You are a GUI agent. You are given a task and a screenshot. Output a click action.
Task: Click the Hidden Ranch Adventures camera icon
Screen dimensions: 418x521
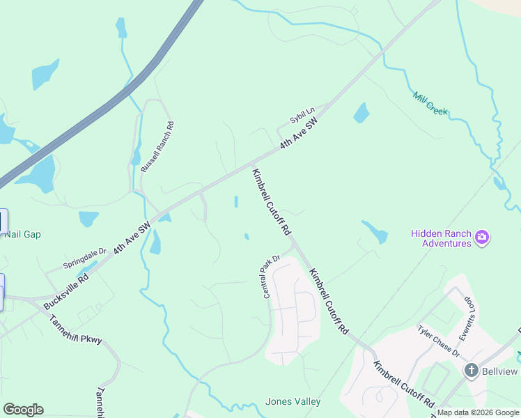(x=481, y=239)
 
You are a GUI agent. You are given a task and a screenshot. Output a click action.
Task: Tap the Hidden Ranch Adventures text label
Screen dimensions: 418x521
(x=441, y=239)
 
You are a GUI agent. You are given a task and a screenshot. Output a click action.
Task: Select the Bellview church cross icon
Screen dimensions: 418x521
(x=471, y=371)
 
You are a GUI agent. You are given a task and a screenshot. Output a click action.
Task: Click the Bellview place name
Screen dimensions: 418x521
(x=501, y=371)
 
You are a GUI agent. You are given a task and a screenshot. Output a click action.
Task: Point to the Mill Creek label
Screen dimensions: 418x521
(x=430, y=103)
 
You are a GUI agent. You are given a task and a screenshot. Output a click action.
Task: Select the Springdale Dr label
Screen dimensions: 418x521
(x=84, y=258)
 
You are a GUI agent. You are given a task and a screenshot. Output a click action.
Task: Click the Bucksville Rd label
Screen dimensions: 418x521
(x=65, y=291)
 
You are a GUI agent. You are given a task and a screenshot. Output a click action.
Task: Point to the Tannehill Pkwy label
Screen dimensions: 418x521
(x=76, y=330)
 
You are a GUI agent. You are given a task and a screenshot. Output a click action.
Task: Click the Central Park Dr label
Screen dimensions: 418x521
(x=271, y=277)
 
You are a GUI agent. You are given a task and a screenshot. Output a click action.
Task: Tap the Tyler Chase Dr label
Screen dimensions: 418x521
(x=439, y=341)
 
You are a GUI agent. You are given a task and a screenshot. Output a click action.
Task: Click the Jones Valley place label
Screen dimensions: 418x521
(x=293, y=401)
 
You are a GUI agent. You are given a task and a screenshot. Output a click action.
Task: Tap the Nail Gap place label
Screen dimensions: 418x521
(x=22, y=234)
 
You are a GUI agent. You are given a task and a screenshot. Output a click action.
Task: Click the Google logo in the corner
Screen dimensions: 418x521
(x=23, y=410)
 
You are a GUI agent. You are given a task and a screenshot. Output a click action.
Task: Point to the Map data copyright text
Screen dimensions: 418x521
(x=478, y=412)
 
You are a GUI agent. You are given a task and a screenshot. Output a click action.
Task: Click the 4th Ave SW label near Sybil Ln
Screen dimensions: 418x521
(x=299, y=133)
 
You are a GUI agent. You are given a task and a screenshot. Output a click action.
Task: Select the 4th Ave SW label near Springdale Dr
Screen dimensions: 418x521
(x=132, y=238)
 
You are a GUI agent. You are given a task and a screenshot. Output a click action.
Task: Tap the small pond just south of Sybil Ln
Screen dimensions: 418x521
(x=361, y=113)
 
